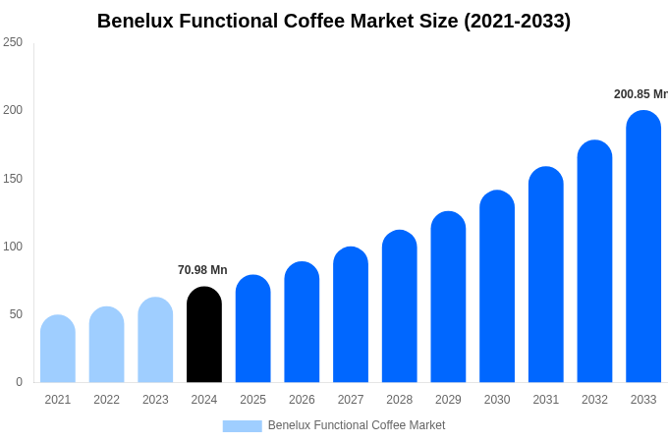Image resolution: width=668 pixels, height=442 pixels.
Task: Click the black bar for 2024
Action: (x=204, y=335)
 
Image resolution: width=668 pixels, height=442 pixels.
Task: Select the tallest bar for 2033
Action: (x=643, y=247)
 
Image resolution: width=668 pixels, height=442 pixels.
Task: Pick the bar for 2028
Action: (x=400, y=306)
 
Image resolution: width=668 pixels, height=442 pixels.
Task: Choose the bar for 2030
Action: (x=497, y=287)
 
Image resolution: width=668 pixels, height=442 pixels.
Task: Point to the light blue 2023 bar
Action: (x=155, y=340)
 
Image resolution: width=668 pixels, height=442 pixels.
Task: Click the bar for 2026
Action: (x=302, y=322)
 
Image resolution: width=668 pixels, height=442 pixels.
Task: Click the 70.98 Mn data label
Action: (x=202, y=270)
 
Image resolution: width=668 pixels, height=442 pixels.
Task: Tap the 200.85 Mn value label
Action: (x=640, y=94)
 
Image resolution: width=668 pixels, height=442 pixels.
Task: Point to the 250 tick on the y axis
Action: (x=13, y=42)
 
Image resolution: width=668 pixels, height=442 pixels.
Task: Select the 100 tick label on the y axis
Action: (x=13, y=247)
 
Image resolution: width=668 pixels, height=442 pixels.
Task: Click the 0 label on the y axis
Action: (x=19, y=382)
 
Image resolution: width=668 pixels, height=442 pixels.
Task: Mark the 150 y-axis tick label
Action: (x=13, y=179)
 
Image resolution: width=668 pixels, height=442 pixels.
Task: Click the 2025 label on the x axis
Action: (x=252, y=400)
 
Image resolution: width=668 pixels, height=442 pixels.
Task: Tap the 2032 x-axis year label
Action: (x=594, y=400)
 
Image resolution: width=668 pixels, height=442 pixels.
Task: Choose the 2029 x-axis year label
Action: (x=448, y=400)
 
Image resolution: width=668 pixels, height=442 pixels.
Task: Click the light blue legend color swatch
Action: (x=242, y=426)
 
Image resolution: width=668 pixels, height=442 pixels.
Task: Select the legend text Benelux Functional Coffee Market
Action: (x=357, y=425)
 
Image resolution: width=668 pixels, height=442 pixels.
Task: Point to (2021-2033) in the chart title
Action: (x=517, y=21)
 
